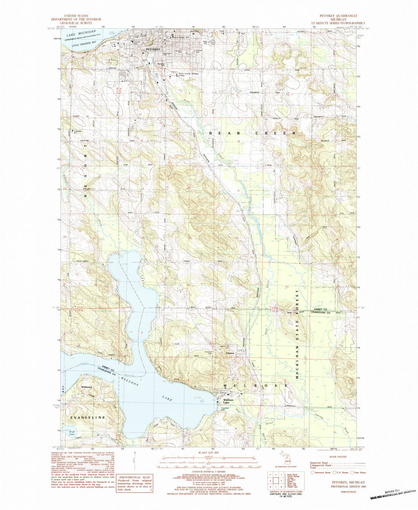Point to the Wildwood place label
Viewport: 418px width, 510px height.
pos(86,387)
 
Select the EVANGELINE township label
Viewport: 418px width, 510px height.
pos(82,418)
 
